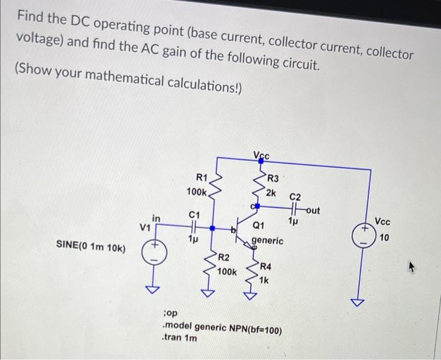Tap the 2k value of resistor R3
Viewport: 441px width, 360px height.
click(272, 192)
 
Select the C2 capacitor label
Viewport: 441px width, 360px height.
click(295, 197)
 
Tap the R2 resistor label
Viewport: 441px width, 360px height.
click(224, 258)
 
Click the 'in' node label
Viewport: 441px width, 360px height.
click(156, 218)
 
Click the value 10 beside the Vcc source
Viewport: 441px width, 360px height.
click(384, 237)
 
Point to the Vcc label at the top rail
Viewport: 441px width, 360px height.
click(261, 156)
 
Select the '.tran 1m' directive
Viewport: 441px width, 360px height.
click(180, 338)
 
